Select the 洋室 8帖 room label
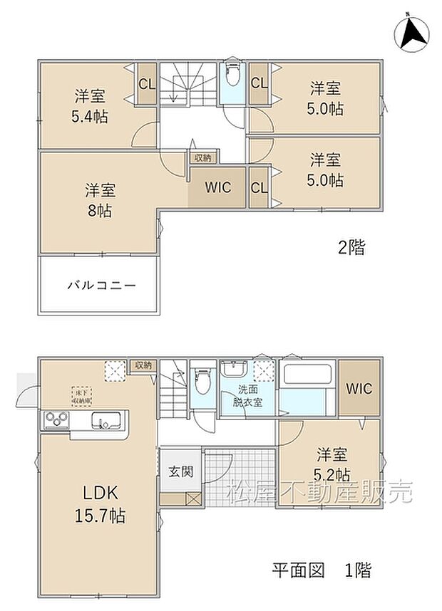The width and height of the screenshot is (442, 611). pyautogui.click(x=101, y=200)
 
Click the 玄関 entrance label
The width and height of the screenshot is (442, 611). pyautogui.click(x=178, y=471)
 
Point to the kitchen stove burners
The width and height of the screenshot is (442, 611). pyautogui.click(x=54, y=420)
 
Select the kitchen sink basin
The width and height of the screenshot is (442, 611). pyautogui.click(x=110, y=422)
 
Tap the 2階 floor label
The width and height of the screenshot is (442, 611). pyautogui.click(x=351, y=248)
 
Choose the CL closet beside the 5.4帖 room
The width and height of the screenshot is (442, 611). pyautogui.click(x=147, y=84)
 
